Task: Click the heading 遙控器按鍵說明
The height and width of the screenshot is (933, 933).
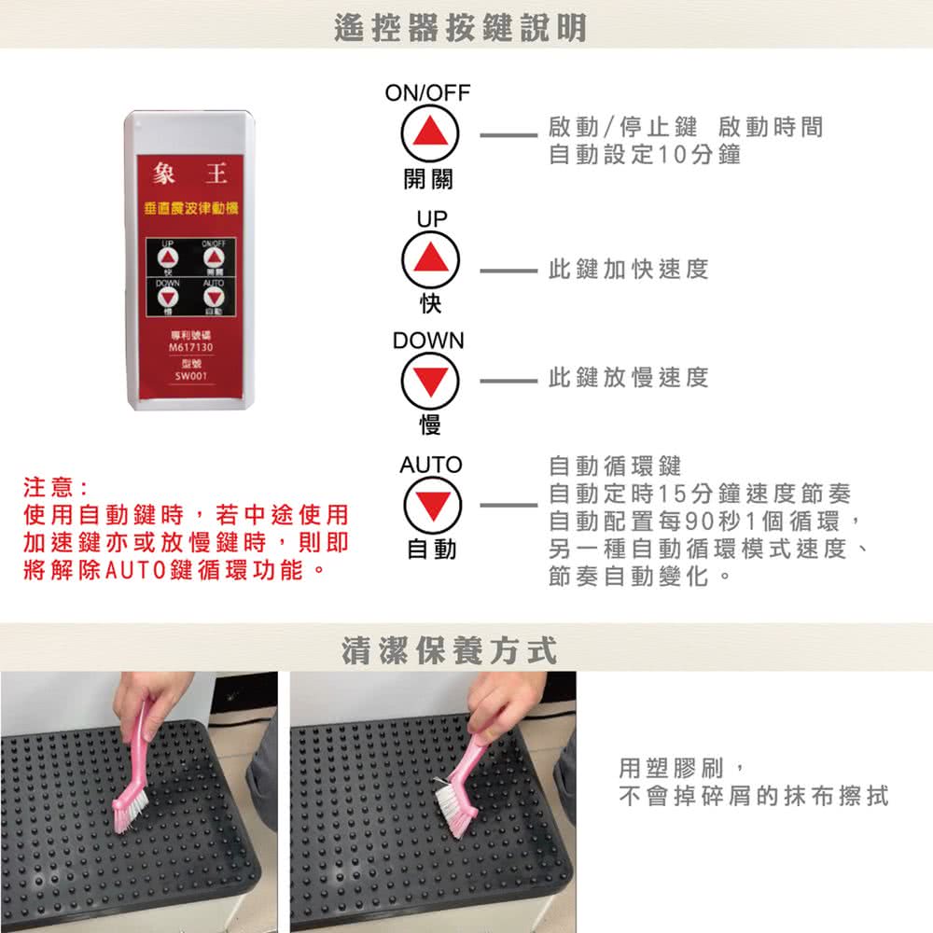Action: coord(461,28)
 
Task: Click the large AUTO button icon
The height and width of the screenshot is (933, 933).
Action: coord(431,505)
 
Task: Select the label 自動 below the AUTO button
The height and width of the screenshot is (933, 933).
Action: coord(431,550)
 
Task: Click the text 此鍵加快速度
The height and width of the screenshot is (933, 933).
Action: coord(629,270)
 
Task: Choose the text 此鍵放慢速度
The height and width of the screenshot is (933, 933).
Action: coord(629,377)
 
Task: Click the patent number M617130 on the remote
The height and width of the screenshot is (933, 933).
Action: coord(190,347)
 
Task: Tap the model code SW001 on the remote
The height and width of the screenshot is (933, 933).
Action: coord(190,377)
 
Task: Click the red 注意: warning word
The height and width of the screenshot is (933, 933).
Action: coord(55,488)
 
